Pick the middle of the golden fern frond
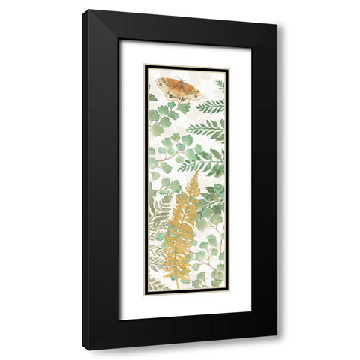(x=182, y=225)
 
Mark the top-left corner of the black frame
(x=83, y=10)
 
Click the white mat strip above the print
(x=185, y=52)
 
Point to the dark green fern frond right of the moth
(x=210, y=106)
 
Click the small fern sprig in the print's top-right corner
(x=220, y=84)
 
